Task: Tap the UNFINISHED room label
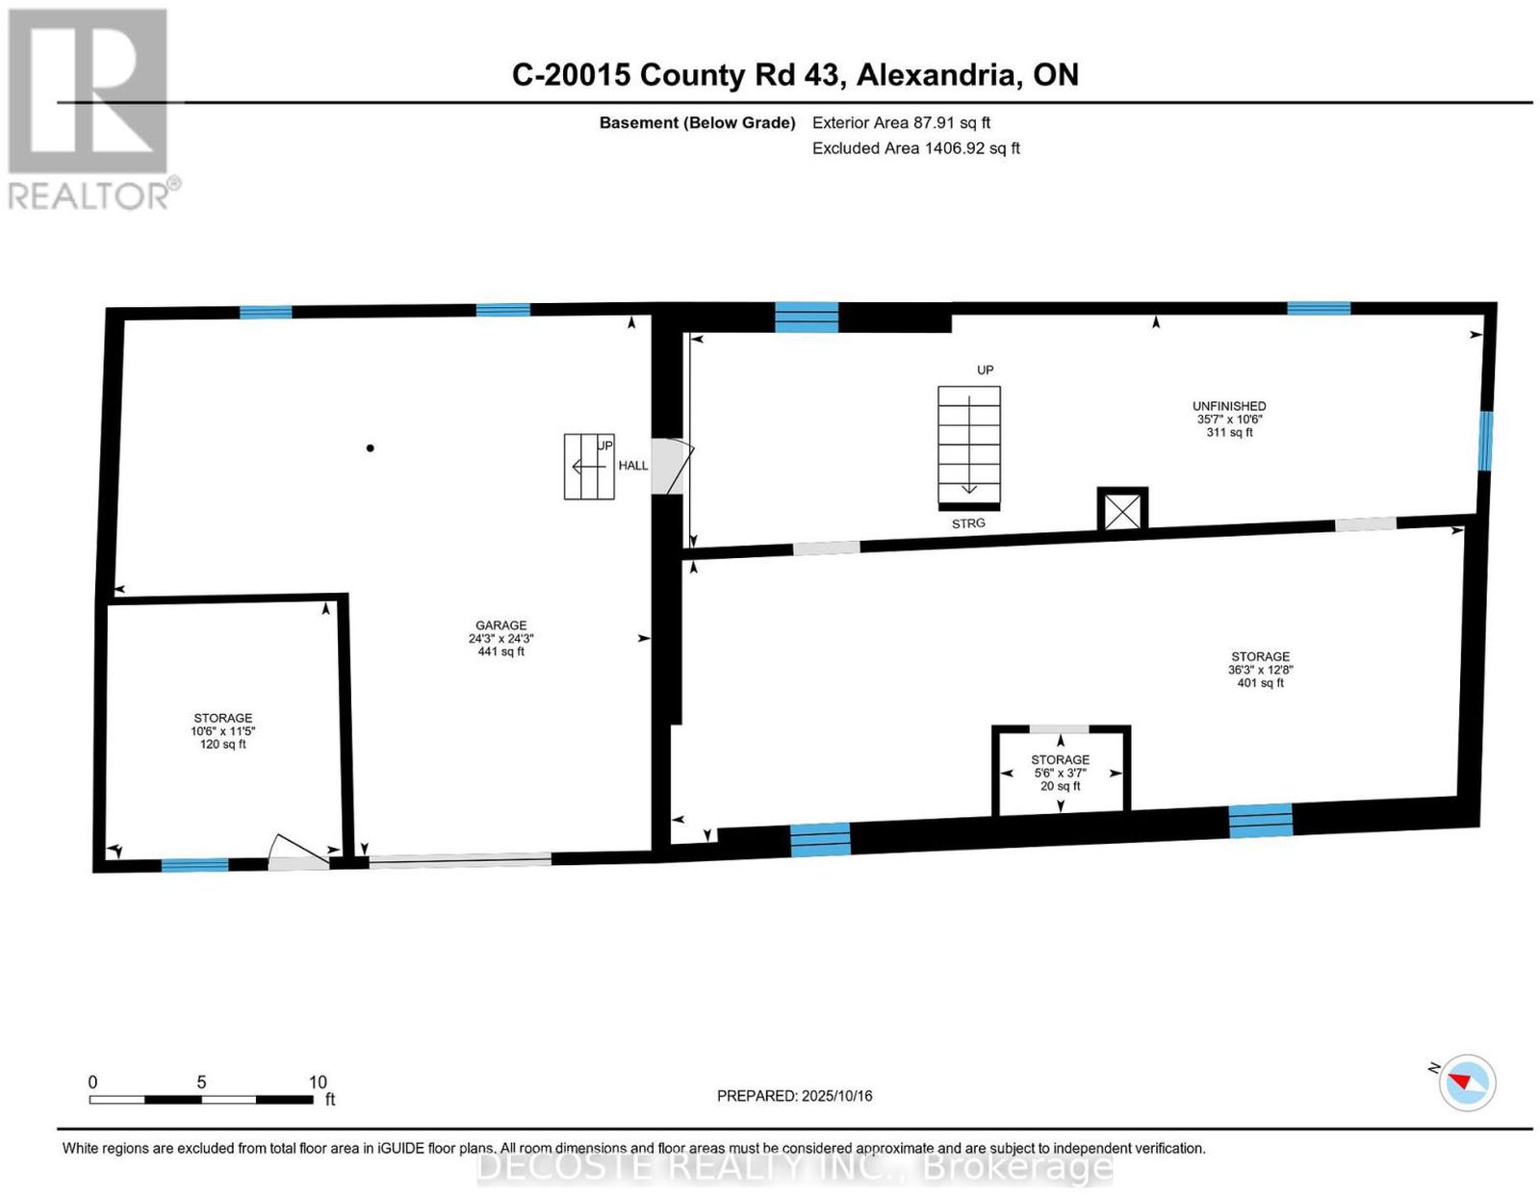coord(1229,406)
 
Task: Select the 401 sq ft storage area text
coord(1260,669)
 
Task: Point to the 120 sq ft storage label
coord(223,730)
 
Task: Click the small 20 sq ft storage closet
coord(1061,773)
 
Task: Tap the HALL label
coord(633,466)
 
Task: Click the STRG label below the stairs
coord(968,523)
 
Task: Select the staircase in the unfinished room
coord(969,446)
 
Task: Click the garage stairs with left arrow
coord(589,467)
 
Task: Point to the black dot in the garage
coord(370,447)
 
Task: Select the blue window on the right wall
coord(1485,441)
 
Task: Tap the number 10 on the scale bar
coord(319,1082)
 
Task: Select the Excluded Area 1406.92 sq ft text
coord(915,148)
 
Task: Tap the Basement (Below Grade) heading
coord(698,122)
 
